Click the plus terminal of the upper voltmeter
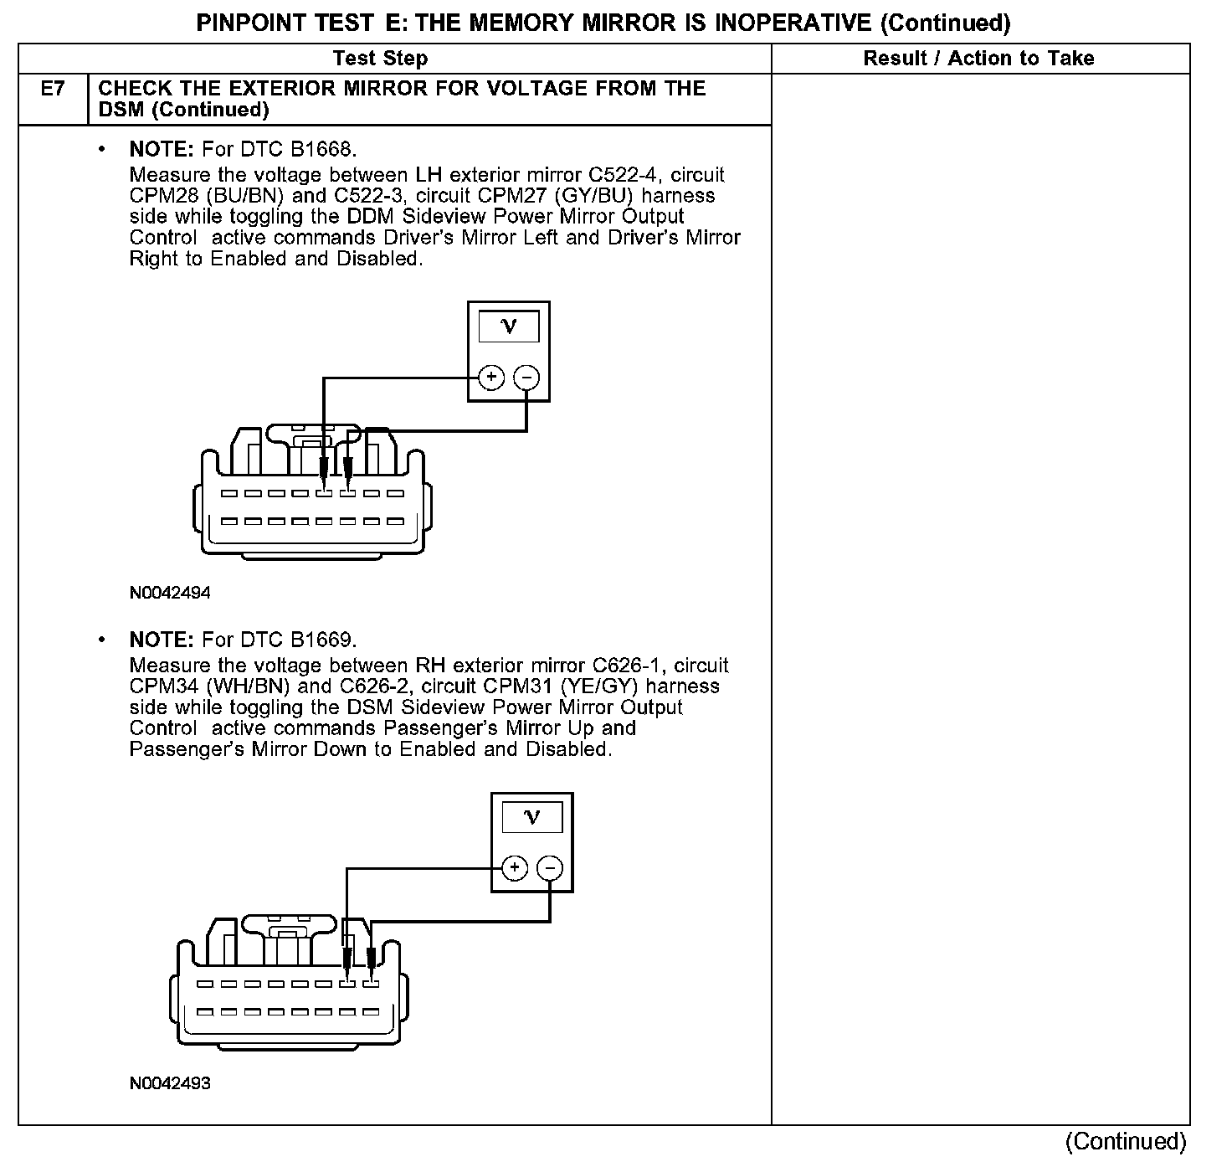[491, 378]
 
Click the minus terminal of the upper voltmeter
[526, 378]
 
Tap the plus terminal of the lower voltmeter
[515, 868]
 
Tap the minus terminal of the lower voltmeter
[550, 868]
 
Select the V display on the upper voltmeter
[509, 326]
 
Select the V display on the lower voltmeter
[532, 816]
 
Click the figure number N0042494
[170, 593]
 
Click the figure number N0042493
[170, 1083]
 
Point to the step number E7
[53, 89]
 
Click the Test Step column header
[380, 59]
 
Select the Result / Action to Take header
[978, 59]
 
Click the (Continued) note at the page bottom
[1126, 1141]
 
